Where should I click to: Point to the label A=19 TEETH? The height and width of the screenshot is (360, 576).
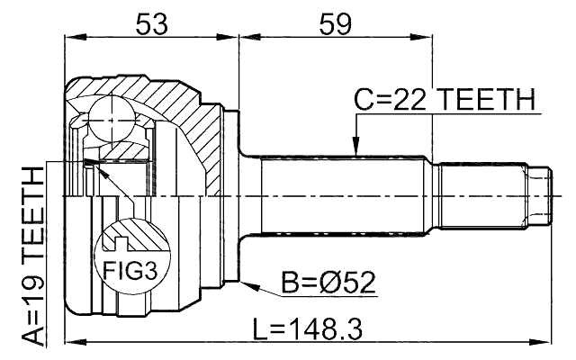32,256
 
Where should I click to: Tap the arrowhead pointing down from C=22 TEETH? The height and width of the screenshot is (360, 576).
355,148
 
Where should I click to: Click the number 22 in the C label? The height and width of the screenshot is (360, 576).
396,98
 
